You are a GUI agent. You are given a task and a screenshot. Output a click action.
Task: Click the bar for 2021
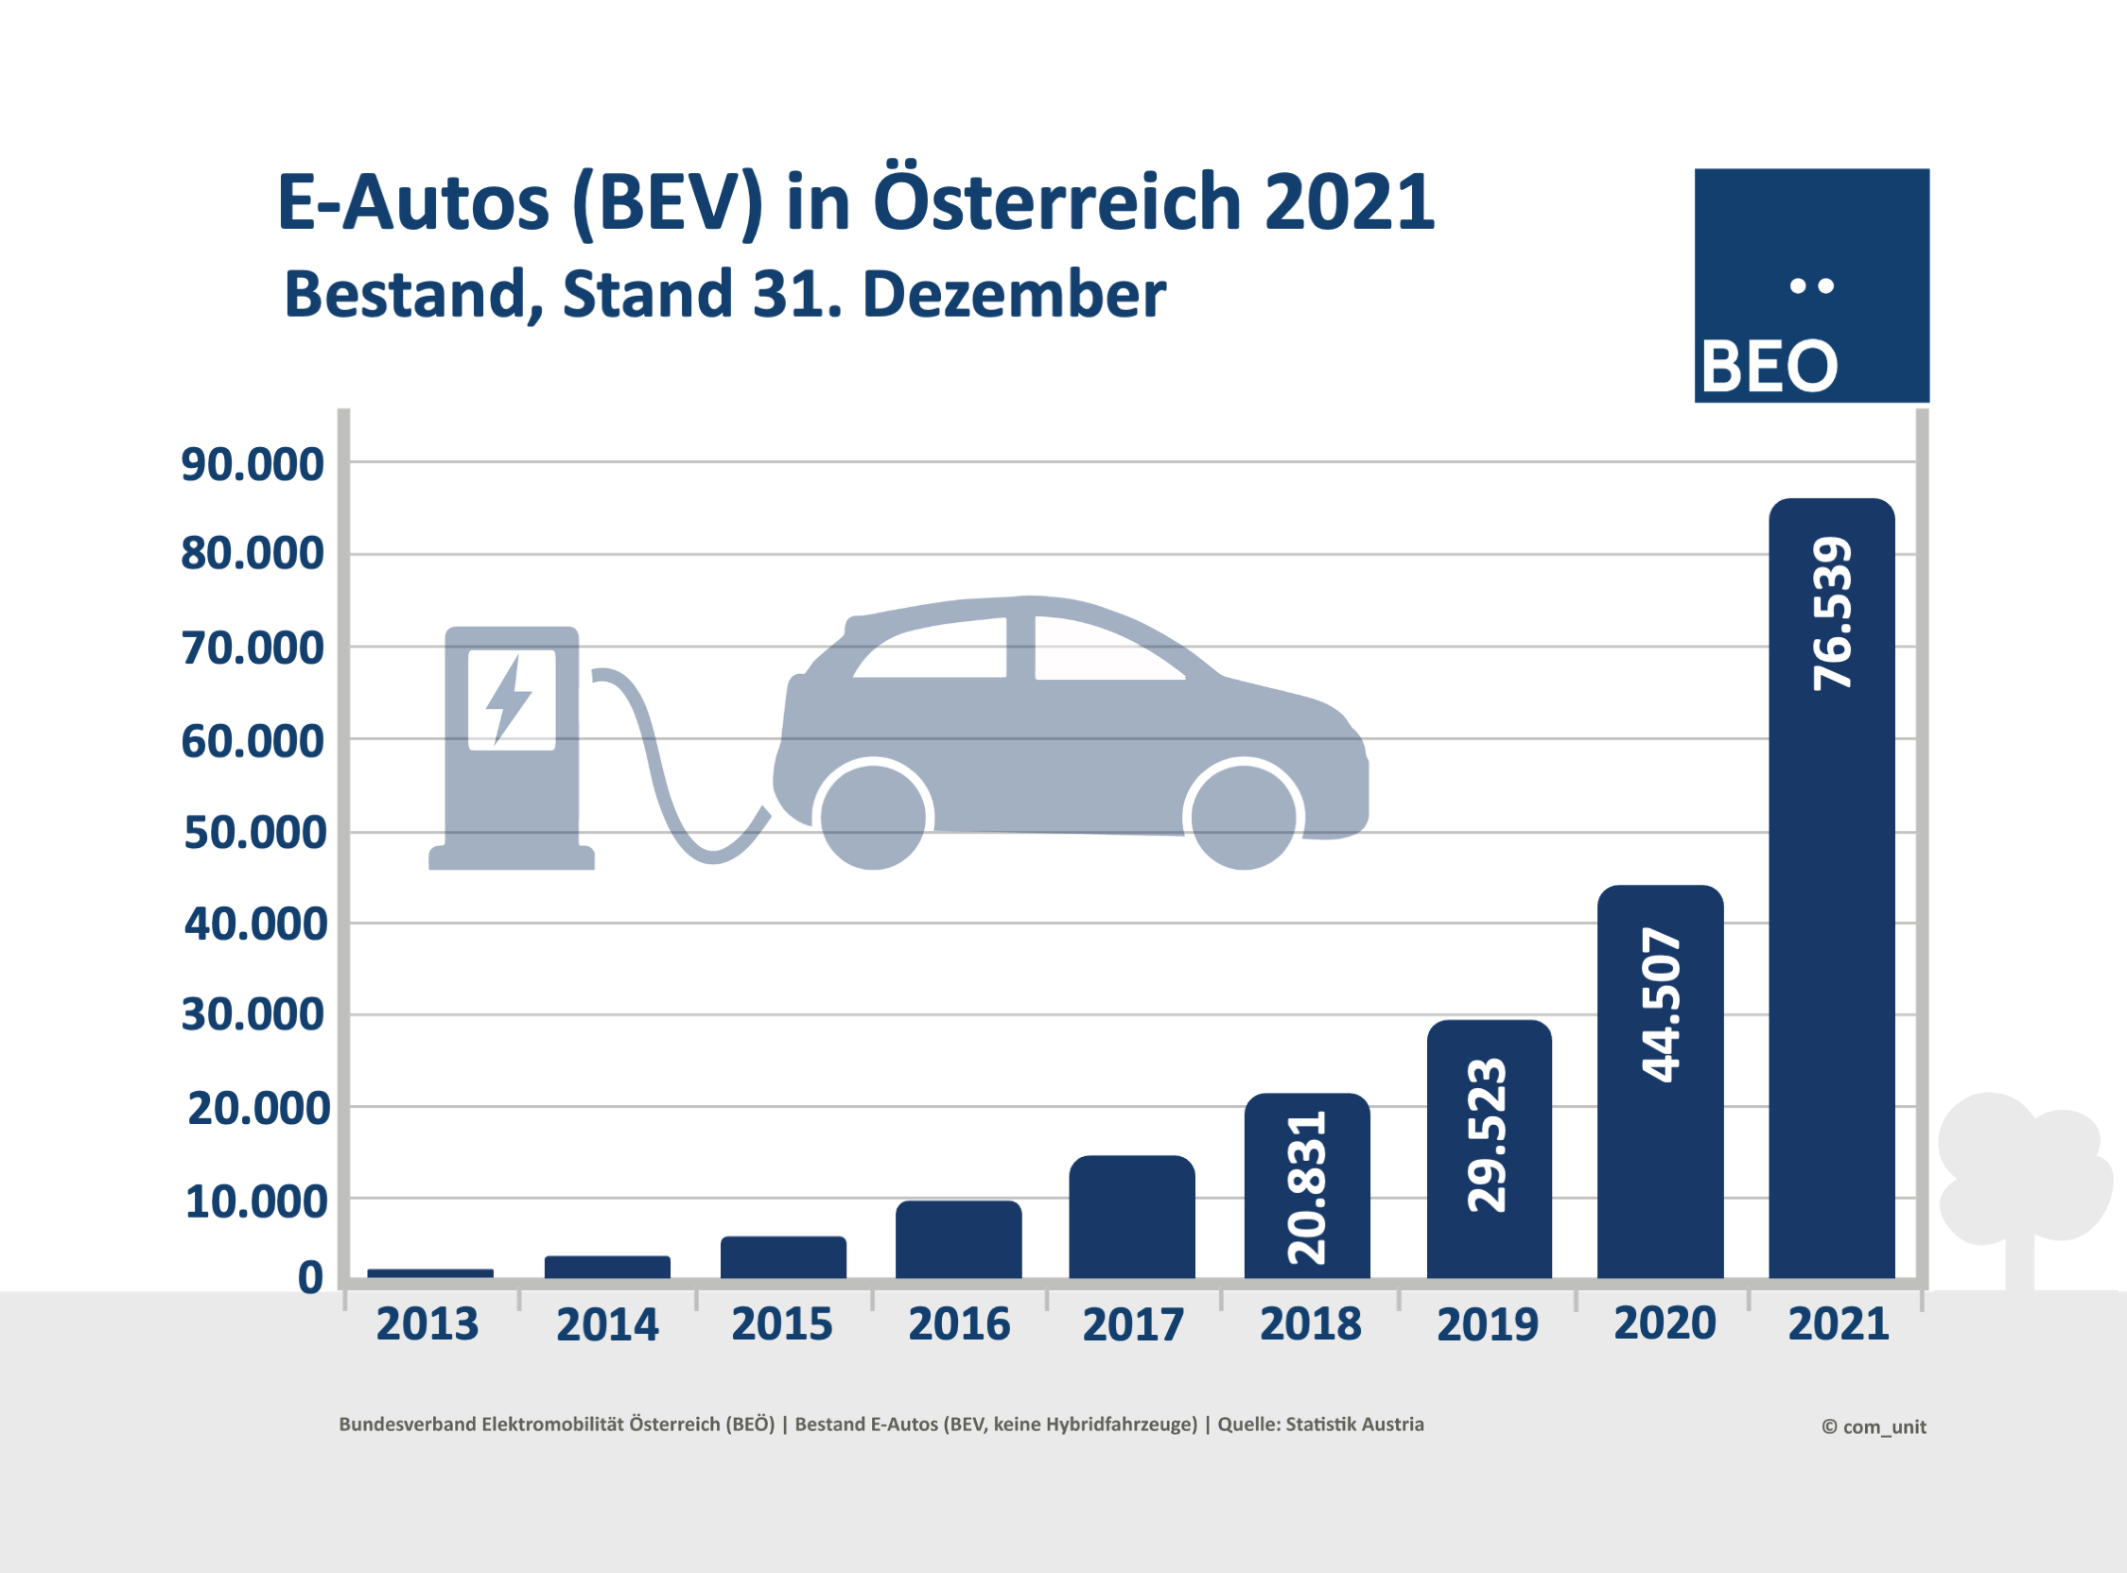coord(1831,952)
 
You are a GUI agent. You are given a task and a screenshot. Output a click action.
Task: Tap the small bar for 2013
coord(429,1273)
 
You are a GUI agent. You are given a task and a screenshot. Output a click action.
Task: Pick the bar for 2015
coord(783,1257)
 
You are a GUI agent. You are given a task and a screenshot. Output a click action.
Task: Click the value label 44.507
coord(1660,1004)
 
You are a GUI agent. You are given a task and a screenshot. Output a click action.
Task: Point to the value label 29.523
coord(1487,1134)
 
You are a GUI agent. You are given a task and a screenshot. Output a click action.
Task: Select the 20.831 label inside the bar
coord(1306,1187)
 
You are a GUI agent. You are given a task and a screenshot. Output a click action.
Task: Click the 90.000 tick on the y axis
coord(253,465)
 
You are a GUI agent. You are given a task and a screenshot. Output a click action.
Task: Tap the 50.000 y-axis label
coord(255,833)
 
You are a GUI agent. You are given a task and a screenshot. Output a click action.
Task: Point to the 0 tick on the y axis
coord(310,1278)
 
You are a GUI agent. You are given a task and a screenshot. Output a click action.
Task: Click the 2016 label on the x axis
coord(958,1324)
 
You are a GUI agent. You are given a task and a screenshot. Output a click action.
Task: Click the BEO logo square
coord(1811,285)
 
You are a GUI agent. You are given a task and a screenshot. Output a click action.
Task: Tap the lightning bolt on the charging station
coord(509,699)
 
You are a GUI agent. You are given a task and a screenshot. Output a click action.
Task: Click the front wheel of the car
coord(1244,816)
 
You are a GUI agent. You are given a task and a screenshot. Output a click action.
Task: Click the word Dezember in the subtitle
coord(1014,295)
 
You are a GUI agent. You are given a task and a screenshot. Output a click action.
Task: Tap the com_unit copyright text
coord(1873,1427)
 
